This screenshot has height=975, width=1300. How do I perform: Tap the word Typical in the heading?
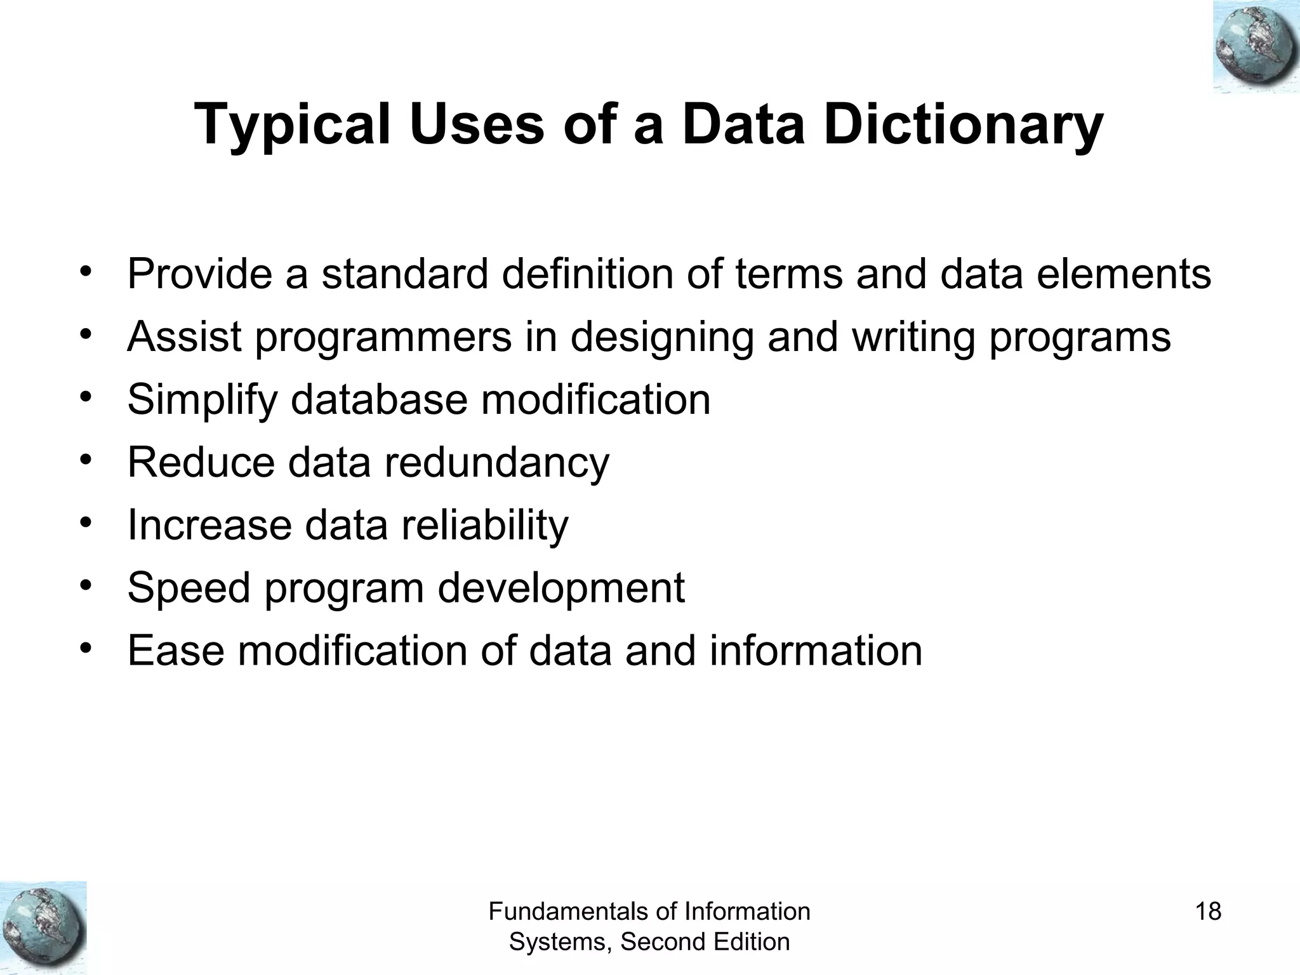point(292,125)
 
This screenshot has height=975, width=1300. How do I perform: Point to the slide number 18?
point(1208,912)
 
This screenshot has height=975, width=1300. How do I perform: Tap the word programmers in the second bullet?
point(383,337)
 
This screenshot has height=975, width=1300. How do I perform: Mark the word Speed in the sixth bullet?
point(189,588)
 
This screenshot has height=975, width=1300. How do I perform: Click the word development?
point(561,588)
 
